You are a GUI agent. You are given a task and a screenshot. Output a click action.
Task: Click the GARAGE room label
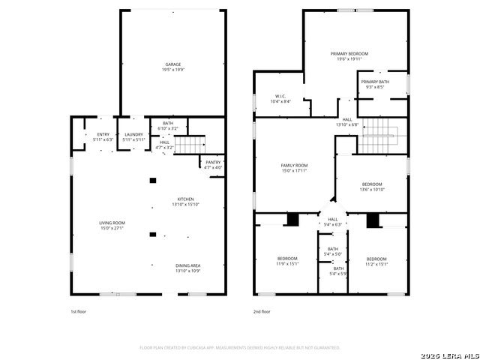coord(172,64)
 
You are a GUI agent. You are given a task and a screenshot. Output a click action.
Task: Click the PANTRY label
coord(213,162)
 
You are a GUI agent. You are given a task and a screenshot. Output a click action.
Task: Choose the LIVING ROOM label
coord(112,223)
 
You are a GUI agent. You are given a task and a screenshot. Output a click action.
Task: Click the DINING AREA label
coord(187,265)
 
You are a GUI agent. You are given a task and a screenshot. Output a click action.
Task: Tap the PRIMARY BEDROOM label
coord(349,54)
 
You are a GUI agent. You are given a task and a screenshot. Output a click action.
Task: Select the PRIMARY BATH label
coord(374,82)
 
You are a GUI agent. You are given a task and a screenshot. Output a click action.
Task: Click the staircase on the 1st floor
coord(193,142)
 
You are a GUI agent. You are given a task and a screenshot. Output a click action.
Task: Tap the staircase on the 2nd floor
coord(380,138)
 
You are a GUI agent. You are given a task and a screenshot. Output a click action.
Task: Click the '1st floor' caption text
coord(79,310)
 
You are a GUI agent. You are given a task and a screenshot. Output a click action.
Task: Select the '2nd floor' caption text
coord(262,310)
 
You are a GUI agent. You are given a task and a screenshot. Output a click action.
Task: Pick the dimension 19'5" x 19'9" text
coord(172,70)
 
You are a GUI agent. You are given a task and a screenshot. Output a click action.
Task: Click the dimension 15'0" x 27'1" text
coord(112,228)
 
